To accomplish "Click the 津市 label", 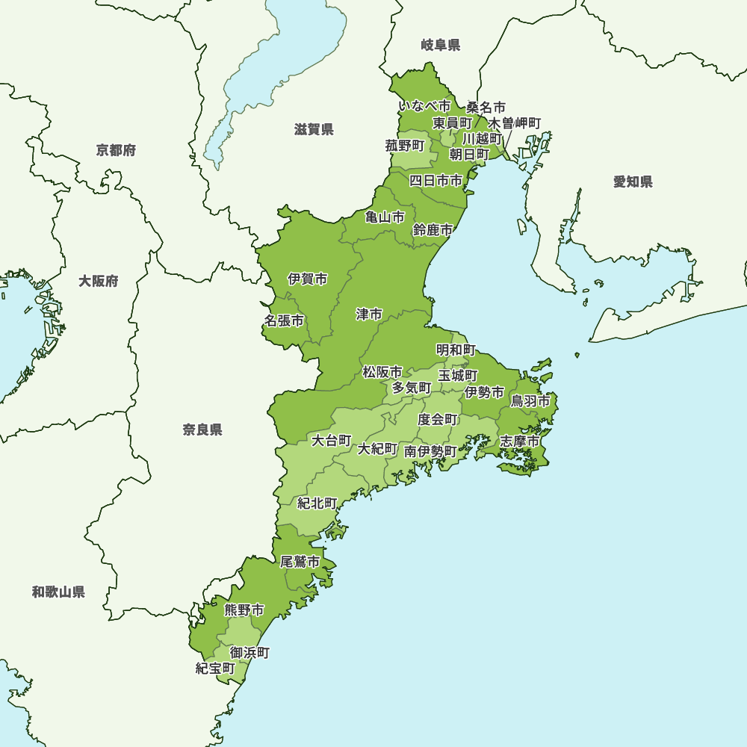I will pos(369,314).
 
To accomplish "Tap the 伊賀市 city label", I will pos(307,279).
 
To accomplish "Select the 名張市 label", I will pos(284,320).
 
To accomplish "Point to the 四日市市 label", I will pos(436,180).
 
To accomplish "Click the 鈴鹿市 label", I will pos(433,230).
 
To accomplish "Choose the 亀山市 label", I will pos(385,217).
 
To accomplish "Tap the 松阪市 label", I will pos(382,371).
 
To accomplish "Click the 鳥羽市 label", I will pos(530,401).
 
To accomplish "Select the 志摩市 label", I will pos(519,441).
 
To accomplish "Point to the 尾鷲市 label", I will pos(300,562).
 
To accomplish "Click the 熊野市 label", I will pos(244,610).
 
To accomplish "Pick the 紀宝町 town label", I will pos(215,668).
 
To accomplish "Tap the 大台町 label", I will pos(332,440).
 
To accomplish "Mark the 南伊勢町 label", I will pos(430,451).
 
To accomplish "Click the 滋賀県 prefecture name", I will pos(314,130).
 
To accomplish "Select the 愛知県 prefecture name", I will pos(633,182).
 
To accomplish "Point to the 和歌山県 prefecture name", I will pos(58,592).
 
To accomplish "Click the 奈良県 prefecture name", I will pos(202,430).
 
